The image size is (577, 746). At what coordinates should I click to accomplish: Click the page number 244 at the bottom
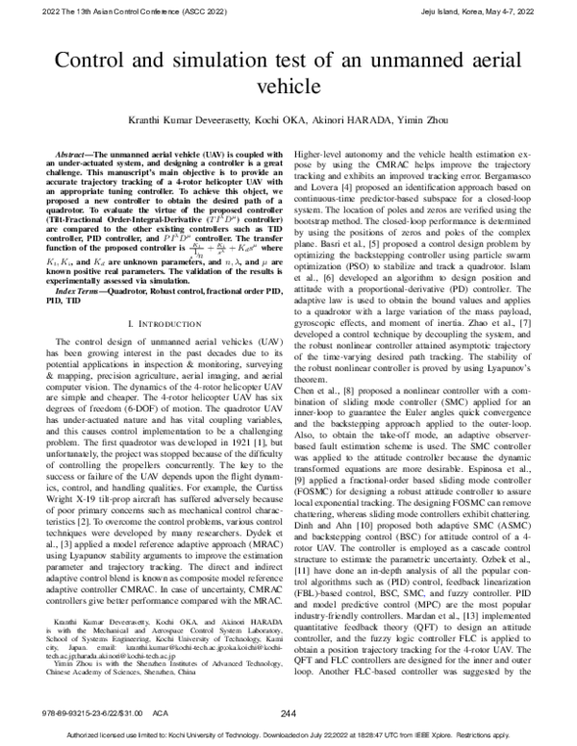[x=288, y=712]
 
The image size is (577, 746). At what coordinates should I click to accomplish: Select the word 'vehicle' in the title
[x=288, y=87]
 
